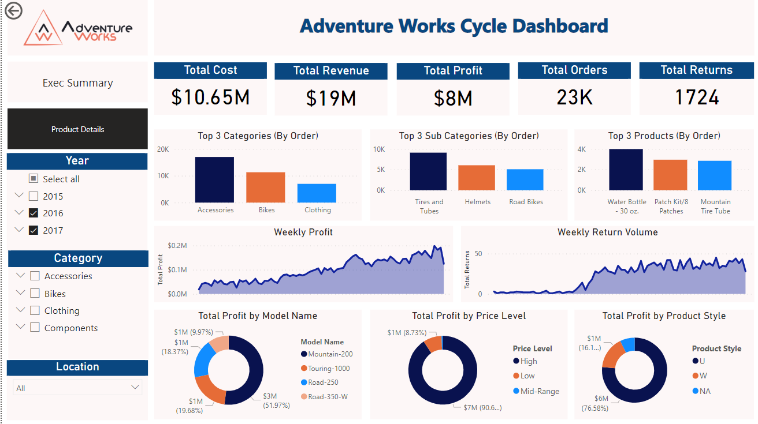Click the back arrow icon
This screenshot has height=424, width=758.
[13, 10]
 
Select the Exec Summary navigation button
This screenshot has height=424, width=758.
[77, 83]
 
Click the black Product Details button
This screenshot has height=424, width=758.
[77, 129]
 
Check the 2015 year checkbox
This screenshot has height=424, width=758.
[34, 196]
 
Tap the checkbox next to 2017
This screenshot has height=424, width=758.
[34, 230]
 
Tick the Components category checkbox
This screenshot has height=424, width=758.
[35, 328]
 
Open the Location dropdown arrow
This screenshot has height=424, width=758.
[135, 388]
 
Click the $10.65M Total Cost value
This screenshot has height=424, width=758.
[210, 97]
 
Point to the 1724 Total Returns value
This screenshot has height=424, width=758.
[697, 97]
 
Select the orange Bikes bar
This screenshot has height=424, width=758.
[266, 187]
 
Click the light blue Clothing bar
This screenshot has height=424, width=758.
[317, 193]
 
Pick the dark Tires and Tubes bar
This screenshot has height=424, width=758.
[428, 171]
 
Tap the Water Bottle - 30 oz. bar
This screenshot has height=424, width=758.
[626, 170]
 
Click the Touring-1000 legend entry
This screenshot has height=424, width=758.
[329, 368]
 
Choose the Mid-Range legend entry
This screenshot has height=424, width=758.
[540, 391]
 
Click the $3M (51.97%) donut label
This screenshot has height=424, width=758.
[274, 400]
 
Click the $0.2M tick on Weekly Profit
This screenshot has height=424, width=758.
[177, 246]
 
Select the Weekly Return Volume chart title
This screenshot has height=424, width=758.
[607, 232]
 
